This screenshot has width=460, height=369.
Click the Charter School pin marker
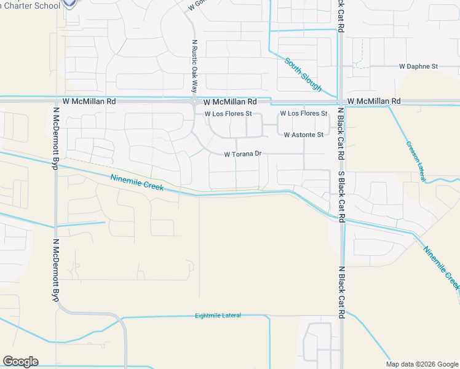coord(70,3)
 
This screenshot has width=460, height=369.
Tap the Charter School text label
coord(30,6)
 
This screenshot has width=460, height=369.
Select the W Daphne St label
coord(418,66)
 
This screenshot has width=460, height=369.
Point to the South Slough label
coord(303,74)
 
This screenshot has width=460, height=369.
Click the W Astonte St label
coord(303,134)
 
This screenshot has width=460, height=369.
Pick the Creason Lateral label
coord(416,162)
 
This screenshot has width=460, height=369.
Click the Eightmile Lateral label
coord(218,315)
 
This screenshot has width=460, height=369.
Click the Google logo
coord(20,362)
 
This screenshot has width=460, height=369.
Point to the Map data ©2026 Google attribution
coord(422,364)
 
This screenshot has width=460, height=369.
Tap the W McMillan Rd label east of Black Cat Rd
coord(373,101)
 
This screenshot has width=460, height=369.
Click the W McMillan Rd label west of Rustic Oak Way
coord(89,101)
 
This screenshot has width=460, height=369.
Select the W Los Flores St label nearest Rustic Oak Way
coord(228,114)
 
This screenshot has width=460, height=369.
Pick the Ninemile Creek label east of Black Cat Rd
coord(442,265)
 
